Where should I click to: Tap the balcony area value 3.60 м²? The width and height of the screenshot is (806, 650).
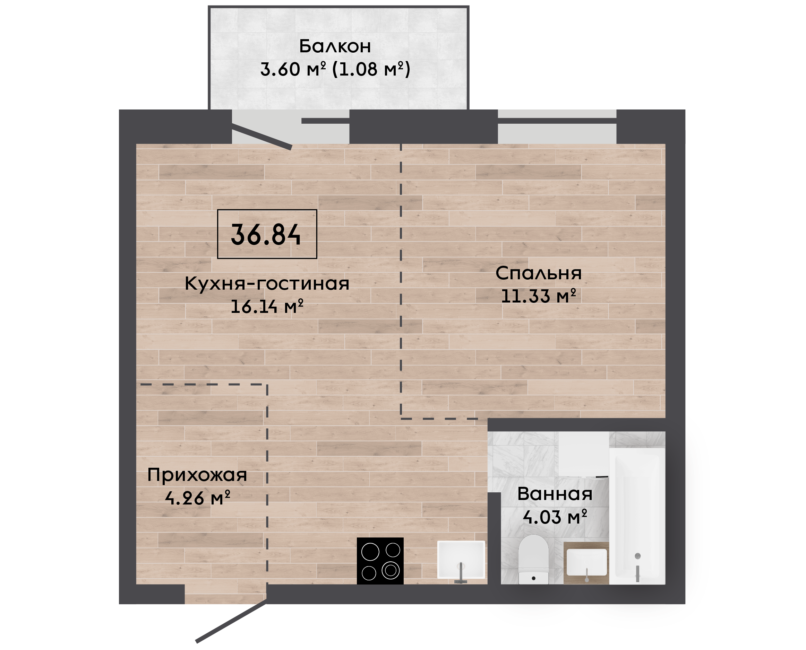point(293,69)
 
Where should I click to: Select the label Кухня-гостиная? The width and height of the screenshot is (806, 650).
point(267,283)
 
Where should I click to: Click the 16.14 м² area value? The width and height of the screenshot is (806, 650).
point(267,306)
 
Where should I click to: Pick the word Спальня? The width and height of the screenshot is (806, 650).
point(539,273)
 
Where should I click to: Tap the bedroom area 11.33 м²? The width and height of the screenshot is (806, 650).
point(539,296)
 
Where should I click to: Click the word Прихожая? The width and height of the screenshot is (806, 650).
point(197,475)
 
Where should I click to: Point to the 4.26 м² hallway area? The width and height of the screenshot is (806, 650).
point(197,498)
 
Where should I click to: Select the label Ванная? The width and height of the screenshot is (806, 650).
point(555,494)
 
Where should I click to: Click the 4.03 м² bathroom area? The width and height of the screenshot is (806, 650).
point(555,517)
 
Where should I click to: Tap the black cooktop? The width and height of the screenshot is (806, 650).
point(380,561)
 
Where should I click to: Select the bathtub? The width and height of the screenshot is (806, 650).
point(637,516)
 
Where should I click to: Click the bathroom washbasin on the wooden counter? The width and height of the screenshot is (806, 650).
point(586,562)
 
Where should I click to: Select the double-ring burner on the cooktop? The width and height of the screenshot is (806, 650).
point(391,571)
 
